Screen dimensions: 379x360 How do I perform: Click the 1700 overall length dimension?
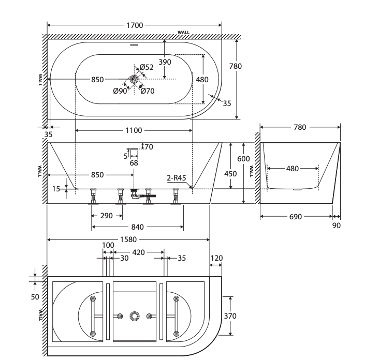[135, 25]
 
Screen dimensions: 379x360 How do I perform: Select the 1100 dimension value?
[134, 131]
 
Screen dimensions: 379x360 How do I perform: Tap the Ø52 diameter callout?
[147, 67]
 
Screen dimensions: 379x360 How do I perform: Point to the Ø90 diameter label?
[120, 91]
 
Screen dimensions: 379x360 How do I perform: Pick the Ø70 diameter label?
[148, 91]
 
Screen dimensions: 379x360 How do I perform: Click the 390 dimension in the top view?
[165, 62]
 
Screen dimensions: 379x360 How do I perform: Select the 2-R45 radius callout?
[177, 178]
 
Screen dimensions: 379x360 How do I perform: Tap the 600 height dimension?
[243, 159]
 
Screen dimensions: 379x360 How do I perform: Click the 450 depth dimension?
[230, 174]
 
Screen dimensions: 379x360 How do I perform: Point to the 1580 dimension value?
[128, 239]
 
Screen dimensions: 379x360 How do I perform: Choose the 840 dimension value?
[138, 227]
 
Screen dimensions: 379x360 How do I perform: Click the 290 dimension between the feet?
[106, 216]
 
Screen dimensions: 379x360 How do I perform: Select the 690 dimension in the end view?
[295, 217]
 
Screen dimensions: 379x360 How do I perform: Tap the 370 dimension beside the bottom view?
[230, 316]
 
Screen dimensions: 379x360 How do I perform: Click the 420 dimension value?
[138, 252]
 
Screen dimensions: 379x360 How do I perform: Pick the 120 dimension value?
[216, 258]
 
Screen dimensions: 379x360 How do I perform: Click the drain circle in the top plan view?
[134, 79]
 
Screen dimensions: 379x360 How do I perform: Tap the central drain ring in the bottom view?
[135, 316]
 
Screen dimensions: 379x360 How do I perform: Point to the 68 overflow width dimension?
[134, 163]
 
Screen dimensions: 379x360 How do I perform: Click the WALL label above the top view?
[184, 33]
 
